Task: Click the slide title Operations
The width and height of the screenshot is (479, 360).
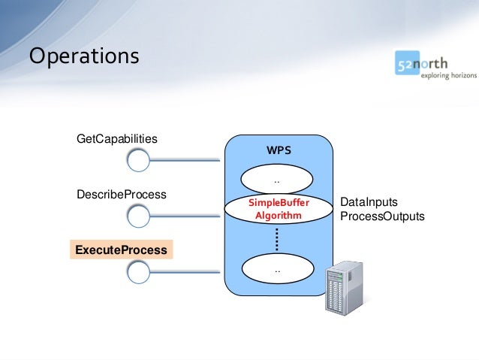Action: pyautogui.click(x=83, y=57)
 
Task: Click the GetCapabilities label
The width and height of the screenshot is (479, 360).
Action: pyautogui.click(x=117, y=139)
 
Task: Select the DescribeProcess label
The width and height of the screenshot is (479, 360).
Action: pyautogui.click(x=122, y=195)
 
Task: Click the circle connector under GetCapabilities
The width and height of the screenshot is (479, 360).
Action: pyautogui.click(x=139, y=159)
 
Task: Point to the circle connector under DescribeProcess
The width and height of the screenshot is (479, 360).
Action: pyautogui.click(x=139, y=216)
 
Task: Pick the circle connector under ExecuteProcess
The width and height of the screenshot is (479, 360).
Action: pyautogui.click(x=139, y=272)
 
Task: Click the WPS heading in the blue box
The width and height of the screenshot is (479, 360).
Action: pyautogui.click(x=278, y=150)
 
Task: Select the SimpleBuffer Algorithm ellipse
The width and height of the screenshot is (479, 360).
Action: pyautogui.click(x=278, y=209)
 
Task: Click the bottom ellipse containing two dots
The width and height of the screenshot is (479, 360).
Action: pyautogui.click(x=277, y=269)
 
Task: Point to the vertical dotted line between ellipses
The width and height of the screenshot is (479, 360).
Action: pyautogui.click(x=277, y=239)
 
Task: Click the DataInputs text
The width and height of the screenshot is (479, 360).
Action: pyautogui.click(x=369, y=203)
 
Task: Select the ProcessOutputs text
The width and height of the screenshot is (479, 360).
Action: pyautogui.click(x=382, y=216)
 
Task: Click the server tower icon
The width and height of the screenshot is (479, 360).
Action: pyautogui.click(x=342, y=287)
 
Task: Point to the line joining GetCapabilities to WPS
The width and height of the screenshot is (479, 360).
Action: pyautogui.click(x=188, y=159)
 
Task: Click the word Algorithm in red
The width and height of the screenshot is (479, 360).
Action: pyautogui.click(x=278, y=216)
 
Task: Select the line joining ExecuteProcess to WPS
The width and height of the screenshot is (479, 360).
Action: pyautogui.click(x=188, y=272)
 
